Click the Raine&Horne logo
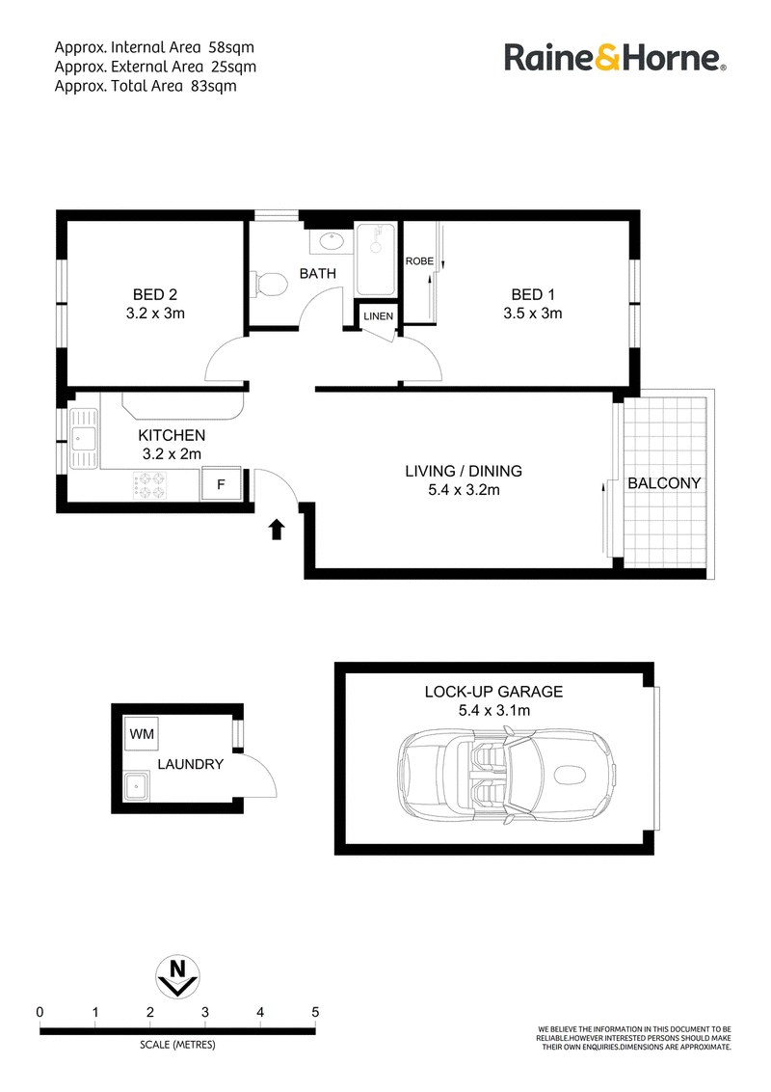pyautogui.click(x=615, y=58)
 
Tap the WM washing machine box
pyautogui.click(x=142, y=733)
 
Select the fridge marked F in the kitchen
pyautogui.click(x=221, y=484)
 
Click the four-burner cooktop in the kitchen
pyautogui.click(x=150, y=484)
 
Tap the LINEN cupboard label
pyautogui.click(x=378, y=316)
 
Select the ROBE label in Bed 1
pyautogui.click(x=419, y=261)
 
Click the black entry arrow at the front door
pyautogui.click(x=277, y=530)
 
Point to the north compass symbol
pyautogui.click(x=178, y=975)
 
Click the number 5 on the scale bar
pyautogui.click(x=315, y=1012)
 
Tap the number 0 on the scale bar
pyautogui.click(x=40, y=1012)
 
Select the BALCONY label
pyautogui.click(x=664, y=482)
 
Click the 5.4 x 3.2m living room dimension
pyautogui.click(x=464, y=490)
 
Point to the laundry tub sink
pyautogui.click(x=136, y=788)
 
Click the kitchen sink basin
pyautogui.click(x=84, y=438)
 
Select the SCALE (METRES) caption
pyautogui.click(x=177, y=1045)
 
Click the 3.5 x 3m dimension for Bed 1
pyautogui.click(x=532, y=314)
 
